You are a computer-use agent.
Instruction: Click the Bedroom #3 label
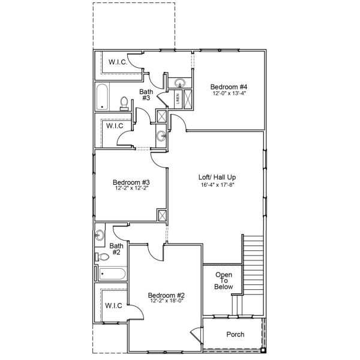(131, 182)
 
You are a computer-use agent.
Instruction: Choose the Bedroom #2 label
(166, 295)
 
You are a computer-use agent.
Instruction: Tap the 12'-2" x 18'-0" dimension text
(166, 301)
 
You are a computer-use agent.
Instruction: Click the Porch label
(235, 334)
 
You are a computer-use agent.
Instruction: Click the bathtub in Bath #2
(112, 275)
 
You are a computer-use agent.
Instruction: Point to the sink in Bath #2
(100, 235)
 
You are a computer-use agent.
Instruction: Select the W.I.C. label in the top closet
(118, 62)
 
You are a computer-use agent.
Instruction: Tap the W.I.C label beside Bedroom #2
(114, 305)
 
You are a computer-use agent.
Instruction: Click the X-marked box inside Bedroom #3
(161, 215)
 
